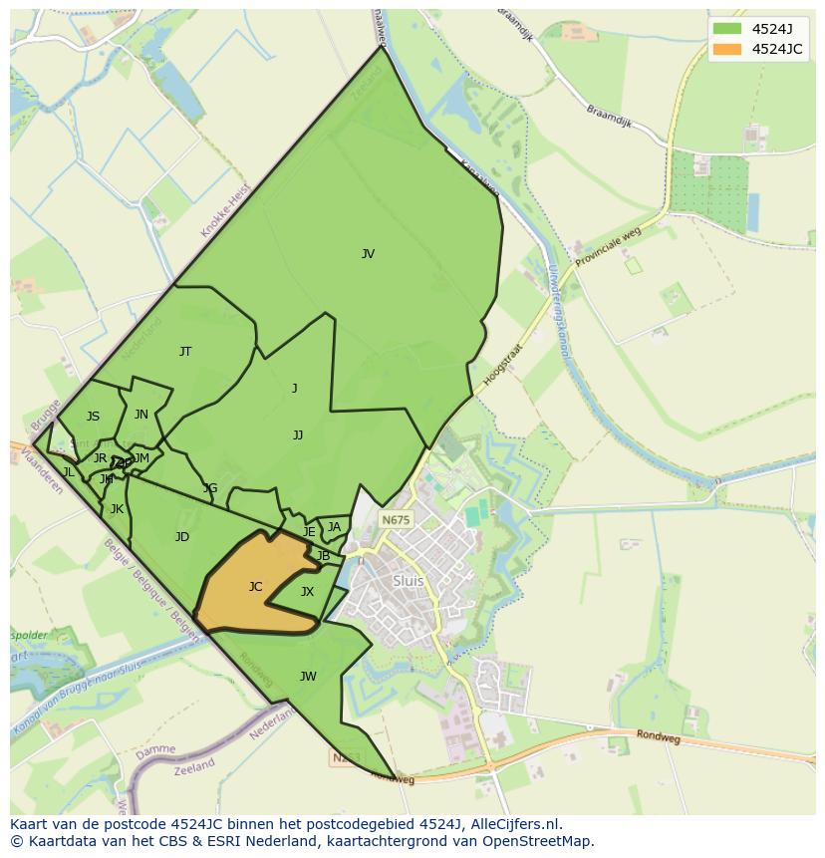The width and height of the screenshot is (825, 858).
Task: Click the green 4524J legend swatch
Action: click(x=727, y=28)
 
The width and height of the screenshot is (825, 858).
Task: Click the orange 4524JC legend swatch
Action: click(x=727, y=49)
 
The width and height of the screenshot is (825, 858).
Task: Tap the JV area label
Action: click(x=368, y=254)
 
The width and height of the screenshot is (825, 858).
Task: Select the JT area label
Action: click(x=185, y=352)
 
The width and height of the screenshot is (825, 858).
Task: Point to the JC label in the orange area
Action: click(x=255, y=587)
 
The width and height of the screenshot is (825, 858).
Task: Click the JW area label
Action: click(x=308, y=677)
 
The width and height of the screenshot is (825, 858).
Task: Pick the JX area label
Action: click(x=307, y=592)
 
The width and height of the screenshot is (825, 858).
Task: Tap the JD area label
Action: click(x=182, y=537)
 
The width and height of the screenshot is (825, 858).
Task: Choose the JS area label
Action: click(x=93, y=417)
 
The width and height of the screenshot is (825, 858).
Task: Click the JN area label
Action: click(x=141, y=415)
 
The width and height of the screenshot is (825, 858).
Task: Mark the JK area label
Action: click(x=117, y=509)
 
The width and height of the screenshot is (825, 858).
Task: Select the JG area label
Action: click(x=210, y=488)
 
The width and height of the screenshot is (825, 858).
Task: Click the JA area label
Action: click(x=334, y=527)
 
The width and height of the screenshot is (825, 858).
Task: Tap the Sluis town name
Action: click(x=409, y=581)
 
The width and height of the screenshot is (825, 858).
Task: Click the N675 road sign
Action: click(x=396, y=520)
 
